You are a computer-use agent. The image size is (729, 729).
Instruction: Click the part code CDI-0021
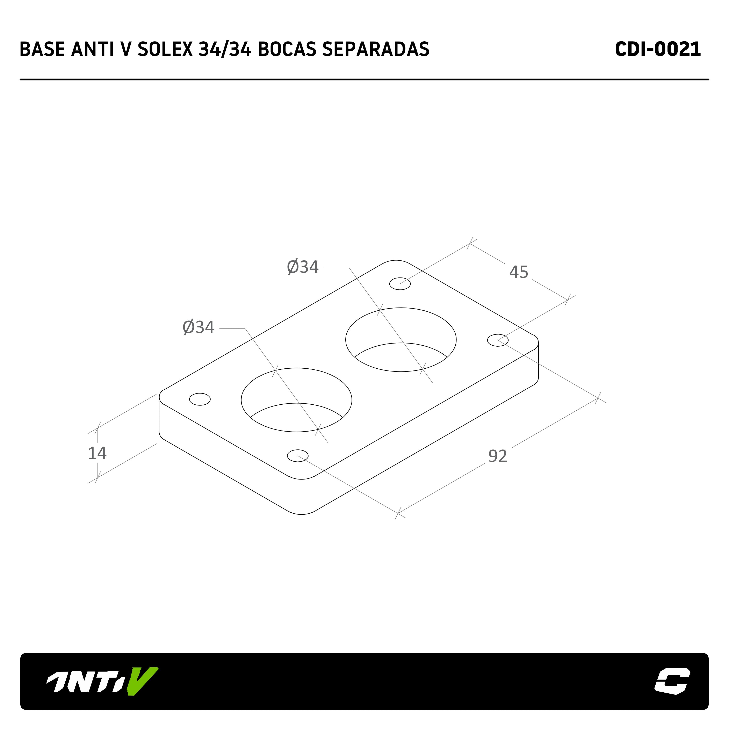click(658, 49)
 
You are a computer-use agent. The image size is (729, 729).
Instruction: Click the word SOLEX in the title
click(165, 49)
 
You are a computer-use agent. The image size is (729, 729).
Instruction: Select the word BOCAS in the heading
click(287, 49)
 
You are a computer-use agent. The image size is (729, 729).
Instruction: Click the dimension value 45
click(519, 272)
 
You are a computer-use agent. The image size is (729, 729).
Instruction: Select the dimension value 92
click(498, 456)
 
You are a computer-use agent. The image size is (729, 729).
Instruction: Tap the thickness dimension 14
click(97, 453)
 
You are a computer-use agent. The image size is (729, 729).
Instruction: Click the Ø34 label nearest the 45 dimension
click(303, 267)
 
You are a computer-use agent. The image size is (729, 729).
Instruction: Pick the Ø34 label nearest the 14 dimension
click(199, 327)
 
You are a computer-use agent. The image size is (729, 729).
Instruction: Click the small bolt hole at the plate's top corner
click(400, 283)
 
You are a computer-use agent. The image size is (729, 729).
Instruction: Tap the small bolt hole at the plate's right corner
click(498, 340)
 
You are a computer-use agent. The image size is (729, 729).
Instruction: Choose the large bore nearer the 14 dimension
click(297, 400)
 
